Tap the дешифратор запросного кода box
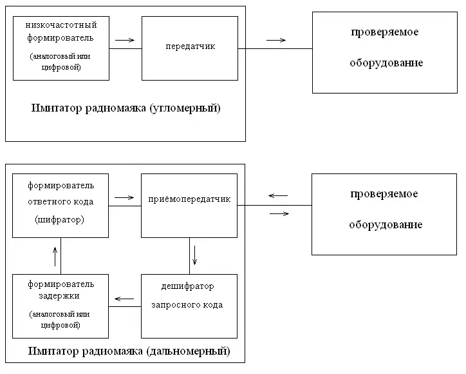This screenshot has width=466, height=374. click(190, 306)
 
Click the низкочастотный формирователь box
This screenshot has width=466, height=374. click(61, 48)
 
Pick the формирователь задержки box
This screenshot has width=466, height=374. click(61, 306)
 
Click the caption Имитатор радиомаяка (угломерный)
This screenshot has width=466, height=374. click(126, 108)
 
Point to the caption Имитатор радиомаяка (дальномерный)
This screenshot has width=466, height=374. click(129, 351)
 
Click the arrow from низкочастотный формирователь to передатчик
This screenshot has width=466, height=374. click(125, 41)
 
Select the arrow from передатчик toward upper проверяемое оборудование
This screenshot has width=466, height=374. click(276, 41)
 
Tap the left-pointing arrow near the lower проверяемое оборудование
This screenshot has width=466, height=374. click(278, 195)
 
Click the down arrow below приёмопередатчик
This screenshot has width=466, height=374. click(194, 256)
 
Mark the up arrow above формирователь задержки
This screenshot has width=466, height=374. click(56, 256)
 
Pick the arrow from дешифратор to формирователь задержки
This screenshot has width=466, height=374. click(124, 298)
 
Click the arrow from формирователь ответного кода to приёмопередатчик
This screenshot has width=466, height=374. click(124, 197)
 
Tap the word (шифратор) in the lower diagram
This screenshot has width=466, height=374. click(61, 220)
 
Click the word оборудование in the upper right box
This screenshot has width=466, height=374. click(386, 63)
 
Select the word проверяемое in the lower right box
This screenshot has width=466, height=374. click(384, 194)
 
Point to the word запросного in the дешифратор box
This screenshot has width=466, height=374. click(187, 305)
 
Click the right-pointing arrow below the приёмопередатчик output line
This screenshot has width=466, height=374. click(278, 214)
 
